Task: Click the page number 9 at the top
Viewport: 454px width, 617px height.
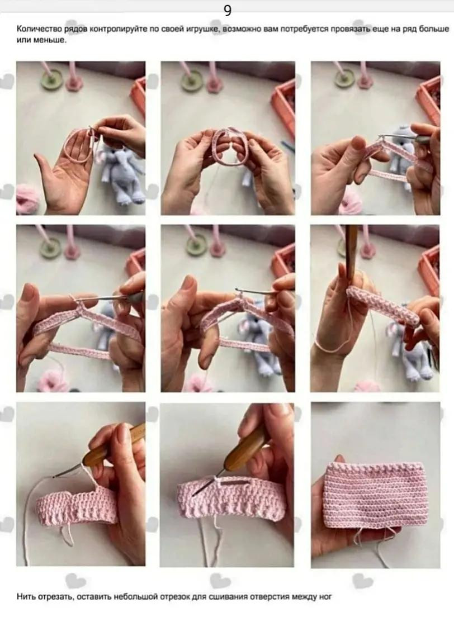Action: tap(228, 11)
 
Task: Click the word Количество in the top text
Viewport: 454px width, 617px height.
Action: tap(34, 30)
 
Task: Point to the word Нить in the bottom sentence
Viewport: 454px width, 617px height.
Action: tap(25, 597)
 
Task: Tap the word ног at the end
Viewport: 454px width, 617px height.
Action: tap(325, 597)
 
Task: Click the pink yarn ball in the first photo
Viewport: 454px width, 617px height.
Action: tap(27, 200)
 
